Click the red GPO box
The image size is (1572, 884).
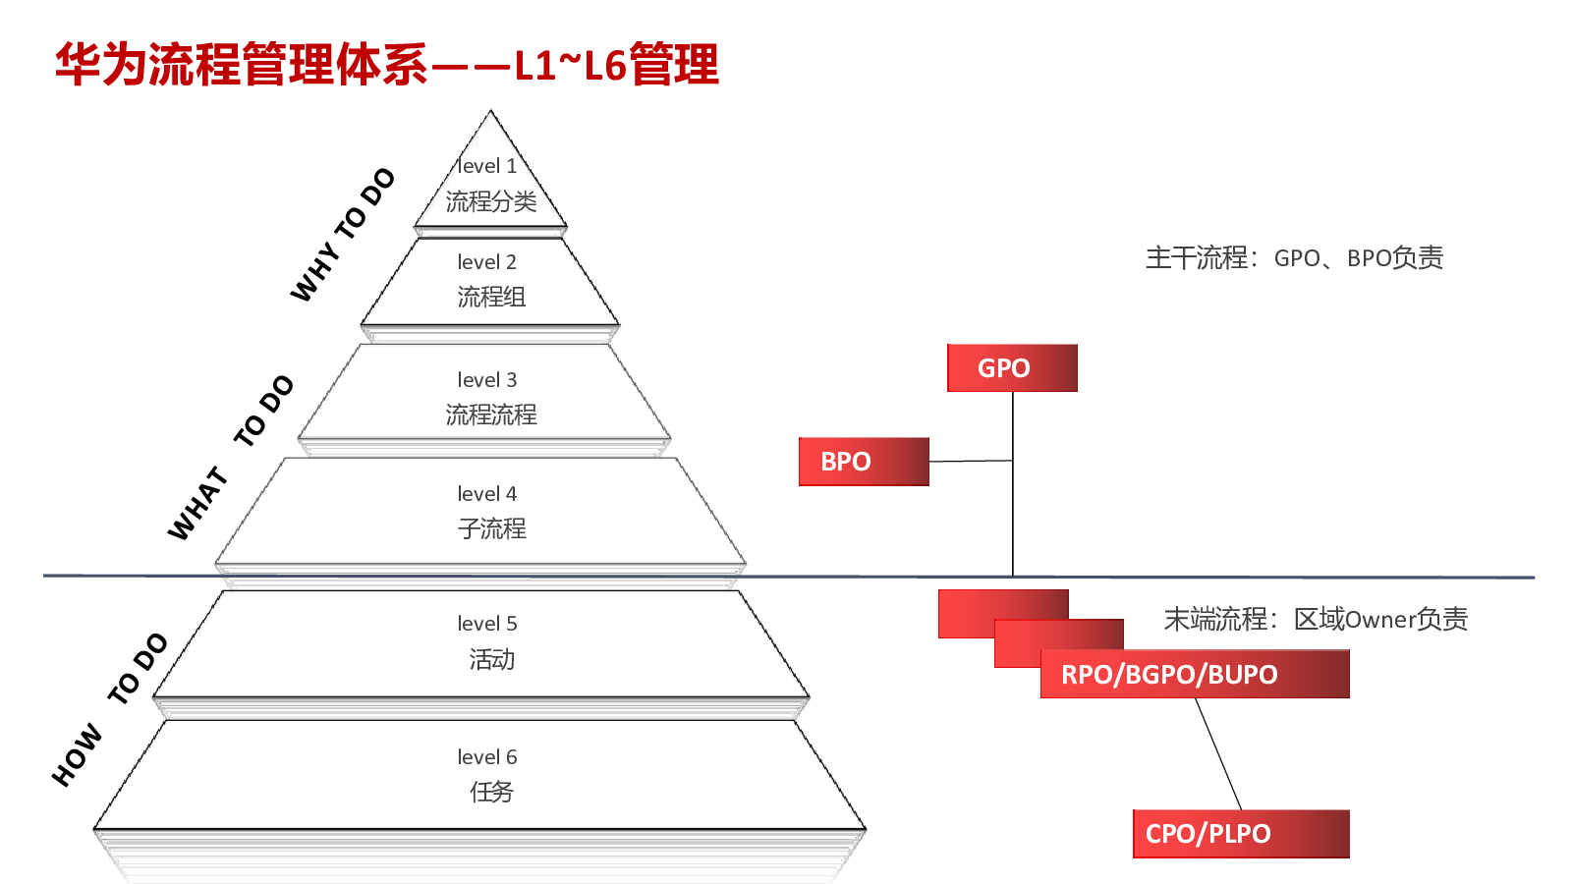(1012, 367)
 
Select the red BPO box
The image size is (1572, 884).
(864, 461)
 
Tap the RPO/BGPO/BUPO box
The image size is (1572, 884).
(1195, 674)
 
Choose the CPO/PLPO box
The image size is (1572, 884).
(1241, 834)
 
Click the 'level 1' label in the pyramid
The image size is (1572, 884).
(486, 166)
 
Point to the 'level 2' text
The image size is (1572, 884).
(486, 261)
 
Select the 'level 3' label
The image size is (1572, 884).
(486, 379)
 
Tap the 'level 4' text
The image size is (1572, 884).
(486, 493)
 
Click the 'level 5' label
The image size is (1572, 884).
(486, 623)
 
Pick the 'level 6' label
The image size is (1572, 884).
(486, 756)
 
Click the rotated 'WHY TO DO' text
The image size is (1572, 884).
(343, 235)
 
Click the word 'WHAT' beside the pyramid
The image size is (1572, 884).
(198, 504)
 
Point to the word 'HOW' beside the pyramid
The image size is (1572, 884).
(78, 755)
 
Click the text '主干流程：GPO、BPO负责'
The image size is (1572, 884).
(1294, 257)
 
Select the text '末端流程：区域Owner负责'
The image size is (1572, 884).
(1316, 619)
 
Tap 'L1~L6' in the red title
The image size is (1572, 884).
(570, 65)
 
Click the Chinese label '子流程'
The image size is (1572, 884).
(491, 528)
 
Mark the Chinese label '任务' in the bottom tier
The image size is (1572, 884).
(491, 792)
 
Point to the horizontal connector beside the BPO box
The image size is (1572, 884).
(971, 461)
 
